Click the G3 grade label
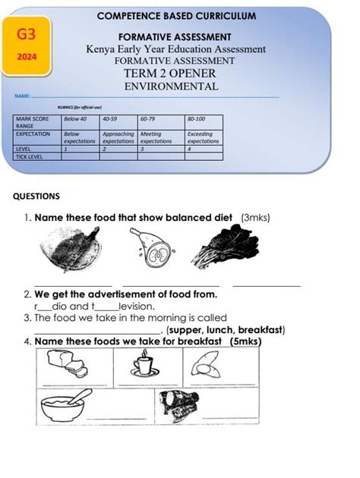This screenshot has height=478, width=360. (x=26, y=34)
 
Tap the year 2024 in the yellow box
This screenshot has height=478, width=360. (x=26, y=56)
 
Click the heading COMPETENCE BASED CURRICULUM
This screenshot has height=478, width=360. (x=176, y=16)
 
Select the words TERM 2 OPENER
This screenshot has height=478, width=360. (x=170, y=74)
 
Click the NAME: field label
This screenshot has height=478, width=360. (x=22, y=97)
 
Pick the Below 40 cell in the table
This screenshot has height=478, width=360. (x=75, y=119)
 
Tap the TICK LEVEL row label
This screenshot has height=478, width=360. (x=30, y=156)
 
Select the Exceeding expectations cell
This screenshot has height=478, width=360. (x=203, y=137)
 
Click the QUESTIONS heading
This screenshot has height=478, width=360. (x=36, y=196)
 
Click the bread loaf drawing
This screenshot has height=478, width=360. (x=68, y=367)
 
